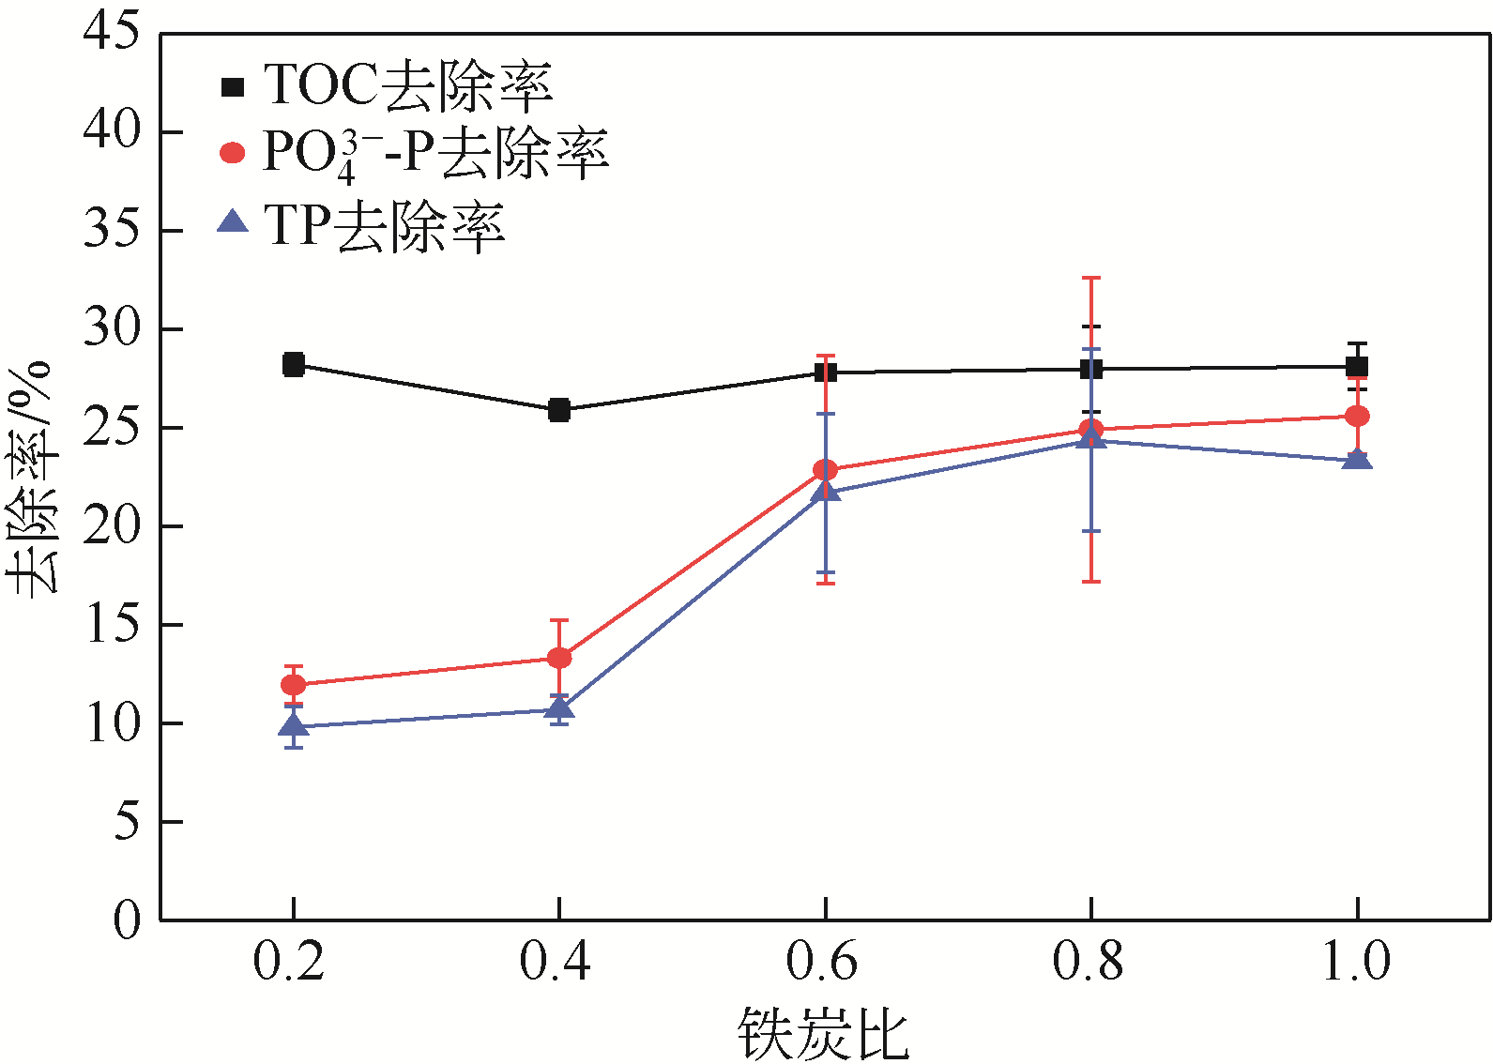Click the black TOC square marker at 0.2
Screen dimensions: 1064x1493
(x=293, y=364)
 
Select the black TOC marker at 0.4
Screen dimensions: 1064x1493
(x=559, y=410)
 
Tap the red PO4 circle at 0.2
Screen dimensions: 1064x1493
(x=293, y=685)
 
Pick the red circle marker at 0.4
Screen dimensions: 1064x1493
(x=559, y=658)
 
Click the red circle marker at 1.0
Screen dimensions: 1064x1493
(x=1357, y=416)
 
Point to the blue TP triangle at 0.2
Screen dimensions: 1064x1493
(x=293, y=725)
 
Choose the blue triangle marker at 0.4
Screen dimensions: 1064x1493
(x=559, y=708)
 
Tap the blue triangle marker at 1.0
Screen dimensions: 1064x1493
(x=1357, y=459)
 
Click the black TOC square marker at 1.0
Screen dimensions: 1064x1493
(x=1357, y=367)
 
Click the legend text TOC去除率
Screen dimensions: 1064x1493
(x=407, y=86)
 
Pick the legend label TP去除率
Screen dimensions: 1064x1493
(x=384, y=226)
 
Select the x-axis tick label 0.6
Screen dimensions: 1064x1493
(x=822, y=962)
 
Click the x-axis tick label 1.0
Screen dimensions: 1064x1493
(x=1355, y=962)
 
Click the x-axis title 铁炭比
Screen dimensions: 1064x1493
(x=822, y=1034)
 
